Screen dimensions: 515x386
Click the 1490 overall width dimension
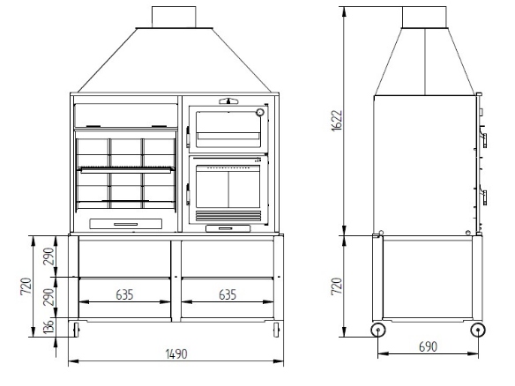(x=176, y=354)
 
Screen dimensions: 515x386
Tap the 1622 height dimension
(x=337, y=121)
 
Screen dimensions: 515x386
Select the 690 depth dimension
(x=428, y=346)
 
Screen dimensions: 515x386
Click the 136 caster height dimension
(x=49, y=327)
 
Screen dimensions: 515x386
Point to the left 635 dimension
(x=125, y=294)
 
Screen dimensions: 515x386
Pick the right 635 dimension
(x=228, y=294)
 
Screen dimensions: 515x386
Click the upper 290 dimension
(x=49, y=256)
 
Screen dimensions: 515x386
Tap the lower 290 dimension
(x=49, y=297)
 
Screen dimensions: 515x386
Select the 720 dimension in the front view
(x=26, y=286)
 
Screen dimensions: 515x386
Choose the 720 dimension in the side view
(x=337, y=286)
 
